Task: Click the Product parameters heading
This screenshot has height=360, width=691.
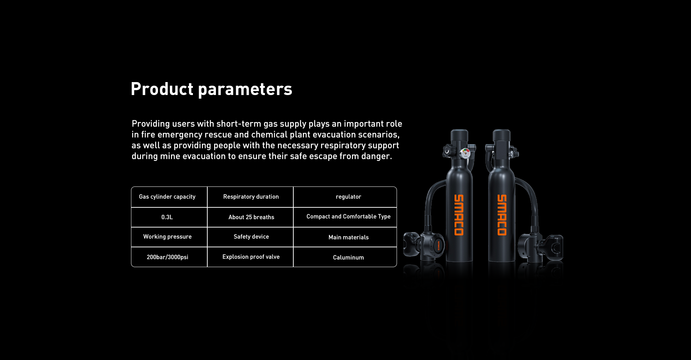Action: (x=211, y=89)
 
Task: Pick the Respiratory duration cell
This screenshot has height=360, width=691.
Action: (x=251, y=197)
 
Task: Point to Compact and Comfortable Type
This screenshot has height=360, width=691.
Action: (x=348, y=216)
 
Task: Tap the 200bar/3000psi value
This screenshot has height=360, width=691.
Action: (x=167, y=257)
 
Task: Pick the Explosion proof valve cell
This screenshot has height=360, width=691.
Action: (x=251, y=257)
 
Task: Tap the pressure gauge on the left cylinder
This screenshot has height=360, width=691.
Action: (x=466, y=153)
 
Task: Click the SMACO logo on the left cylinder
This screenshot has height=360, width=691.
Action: (x=459, y=215)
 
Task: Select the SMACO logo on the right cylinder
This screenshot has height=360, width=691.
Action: (x=502, y=215)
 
